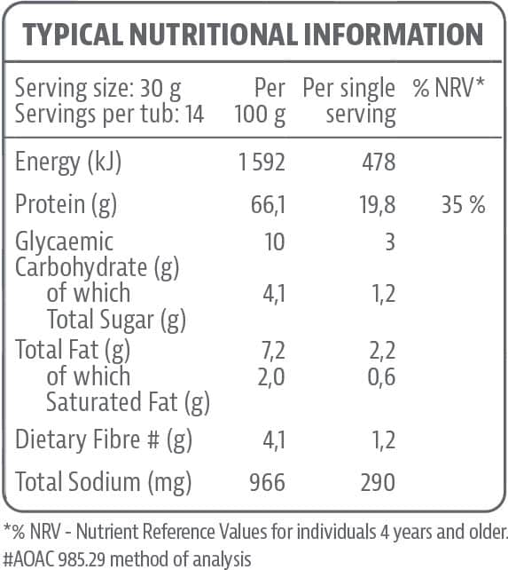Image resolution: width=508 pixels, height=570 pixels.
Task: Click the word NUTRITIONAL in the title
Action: click(213, 35)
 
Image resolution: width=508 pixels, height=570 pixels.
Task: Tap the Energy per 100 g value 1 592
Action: click(262, 162)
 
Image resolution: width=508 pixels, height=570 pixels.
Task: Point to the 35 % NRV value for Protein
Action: click(463, 206)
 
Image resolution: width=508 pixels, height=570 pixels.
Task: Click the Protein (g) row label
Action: click(66, 206)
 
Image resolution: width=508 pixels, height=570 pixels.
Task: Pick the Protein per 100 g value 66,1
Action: click(267, 206)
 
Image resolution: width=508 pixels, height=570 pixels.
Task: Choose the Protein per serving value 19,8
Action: click(376, 206)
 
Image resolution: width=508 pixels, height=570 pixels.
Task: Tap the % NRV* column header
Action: click(449, 88)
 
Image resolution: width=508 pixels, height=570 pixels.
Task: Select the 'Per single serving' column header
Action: click(349, 101)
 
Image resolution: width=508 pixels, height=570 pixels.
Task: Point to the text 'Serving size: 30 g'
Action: click(98, 88)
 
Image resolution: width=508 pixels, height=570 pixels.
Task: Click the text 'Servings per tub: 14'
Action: click(110, 114)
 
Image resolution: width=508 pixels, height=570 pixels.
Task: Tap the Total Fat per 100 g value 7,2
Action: click(271, 351)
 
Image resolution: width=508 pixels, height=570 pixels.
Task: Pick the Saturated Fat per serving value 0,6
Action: click(381, 376)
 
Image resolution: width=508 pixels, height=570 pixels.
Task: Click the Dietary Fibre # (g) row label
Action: click(104, 439)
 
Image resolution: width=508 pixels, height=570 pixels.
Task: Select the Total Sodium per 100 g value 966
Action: click(267, 482)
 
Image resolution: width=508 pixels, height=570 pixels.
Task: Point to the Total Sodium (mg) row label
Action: click(104, 482)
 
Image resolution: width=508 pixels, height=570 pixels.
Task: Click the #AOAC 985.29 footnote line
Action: click(128, 558)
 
